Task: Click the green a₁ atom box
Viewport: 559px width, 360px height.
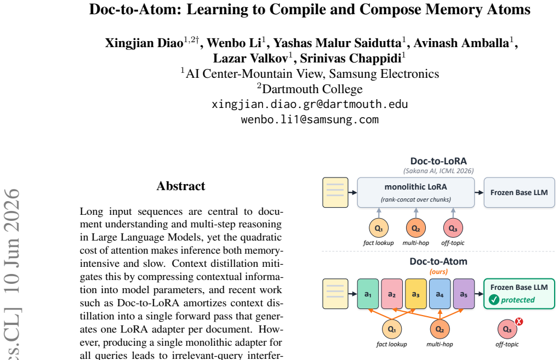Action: point(368,294)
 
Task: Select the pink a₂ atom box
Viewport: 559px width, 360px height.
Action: point(392,294)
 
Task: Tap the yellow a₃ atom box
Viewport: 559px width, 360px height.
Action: point(415,294)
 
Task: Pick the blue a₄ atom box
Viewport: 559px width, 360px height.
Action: point(440,294)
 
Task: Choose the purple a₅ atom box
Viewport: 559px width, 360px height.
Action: point(464,294)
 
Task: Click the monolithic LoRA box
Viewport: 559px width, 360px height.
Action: point(415,192)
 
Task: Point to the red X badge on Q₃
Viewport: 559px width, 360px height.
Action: point(518,322)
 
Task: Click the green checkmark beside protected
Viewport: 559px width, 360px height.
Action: point(494,300)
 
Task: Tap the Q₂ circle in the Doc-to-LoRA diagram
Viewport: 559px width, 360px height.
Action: point(415,228)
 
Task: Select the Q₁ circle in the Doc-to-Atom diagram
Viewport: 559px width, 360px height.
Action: point(392,329)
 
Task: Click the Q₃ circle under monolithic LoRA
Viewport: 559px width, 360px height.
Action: point(453,228)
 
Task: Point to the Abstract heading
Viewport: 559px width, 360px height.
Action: point(181,186)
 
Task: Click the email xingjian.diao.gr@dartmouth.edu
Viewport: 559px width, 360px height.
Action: point(310,104)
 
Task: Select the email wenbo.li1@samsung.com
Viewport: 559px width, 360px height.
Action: point(310,119)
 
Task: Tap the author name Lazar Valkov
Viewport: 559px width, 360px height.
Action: point(251,58)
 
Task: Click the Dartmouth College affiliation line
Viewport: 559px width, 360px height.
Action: point(310,89)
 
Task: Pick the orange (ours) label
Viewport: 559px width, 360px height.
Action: point(438,272)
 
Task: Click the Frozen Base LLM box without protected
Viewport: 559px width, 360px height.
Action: point(519,192)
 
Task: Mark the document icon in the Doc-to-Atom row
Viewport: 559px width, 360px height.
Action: point(335,294)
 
